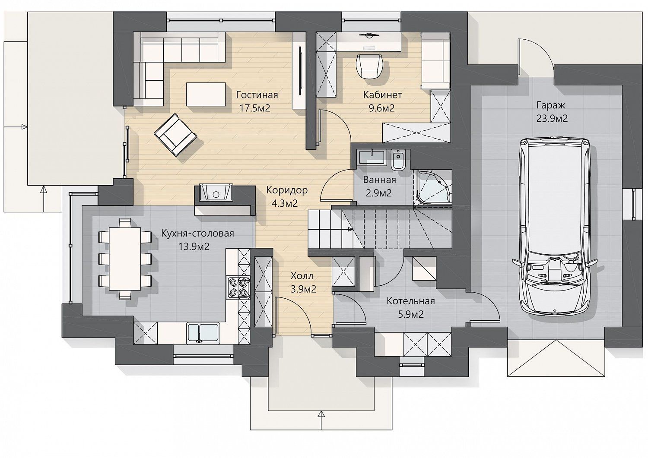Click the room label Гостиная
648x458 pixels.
tap(257, 95)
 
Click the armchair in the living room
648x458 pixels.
tap(175, 135)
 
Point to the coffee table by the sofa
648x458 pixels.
tap(206, 94)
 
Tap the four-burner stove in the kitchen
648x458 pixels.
tap(238, 287)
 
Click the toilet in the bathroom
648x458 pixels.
tap(398, 160)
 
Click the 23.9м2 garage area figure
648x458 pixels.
tap(552, 119)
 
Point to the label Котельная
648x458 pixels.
tap(411, 301)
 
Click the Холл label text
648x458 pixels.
tap(302, 276)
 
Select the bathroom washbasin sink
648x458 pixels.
tap(372, 158)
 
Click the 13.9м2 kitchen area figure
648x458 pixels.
tap(194, 246)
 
